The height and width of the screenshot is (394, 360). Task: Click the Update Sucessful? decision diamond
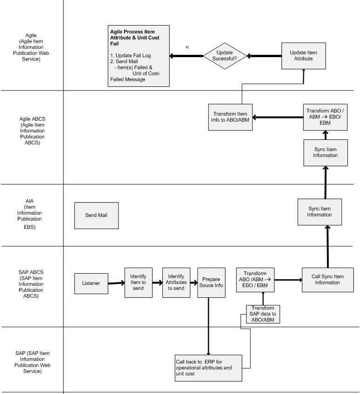[x=225, y=56]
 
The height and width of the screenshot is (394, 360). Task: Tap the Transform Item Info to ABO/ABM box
[x=230, y=117]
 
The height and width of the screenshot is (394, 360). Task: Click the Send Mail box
[x=97, y=216]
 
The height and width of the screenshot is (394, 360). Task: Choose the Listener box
[x=91, y=283]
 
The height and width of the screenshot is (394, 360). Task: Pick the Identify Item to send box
[x=138, y=282]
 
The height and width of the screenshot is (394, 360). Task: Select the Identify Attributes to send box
[x=176, y=282]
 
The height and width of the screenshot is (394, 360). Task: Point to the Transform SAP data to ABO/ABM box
[x=263, y=314]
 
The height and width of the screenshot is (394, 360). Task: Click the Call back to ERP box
[x=209, y=368]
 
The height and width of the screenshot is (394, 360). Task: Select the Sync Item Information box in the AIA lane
[x=320, y=212]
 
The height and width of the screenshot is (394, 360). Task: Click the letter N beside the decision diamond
[x=187, y=47]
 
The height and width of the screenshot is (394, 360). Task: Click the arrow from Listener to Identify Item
[x=116, y=283]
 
